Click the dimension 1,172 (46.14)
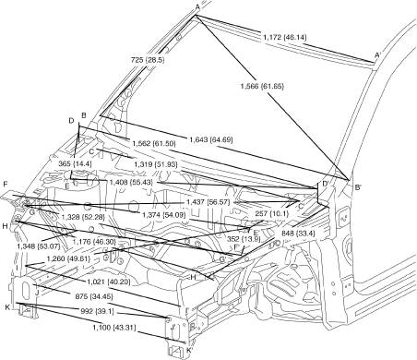tap(285, 37)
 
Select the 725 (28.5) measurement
tap(148, 60)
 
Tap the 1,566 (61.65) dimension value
tap(262, 86)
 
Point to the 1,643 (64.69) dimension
tap(211, 139)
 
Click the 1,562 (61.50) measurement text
tap(154, 143)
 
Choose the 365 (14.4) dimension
tap(75, 163)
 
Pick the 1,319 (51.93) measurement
tap(156, 164)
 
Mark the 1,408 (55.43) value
tap(131, 182)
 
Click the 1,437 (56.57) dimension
tap(208, 202)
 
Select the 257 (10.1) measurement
tap(272, 213)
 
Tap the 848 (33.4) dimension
tap(298, 234)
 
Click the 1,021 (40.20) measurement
tap(109, 282)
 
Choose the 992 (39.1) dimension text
tap(98, 311)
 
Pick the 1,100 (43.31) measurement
tap(114, 328)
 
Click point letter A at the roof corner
tap(197, 6)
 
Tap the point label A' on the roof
tap(377, 55)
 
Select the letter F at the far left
tap(5, 185)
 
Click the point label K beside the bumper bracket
tap(7, 306)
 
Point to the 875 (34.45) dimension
tap(94, 296)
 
